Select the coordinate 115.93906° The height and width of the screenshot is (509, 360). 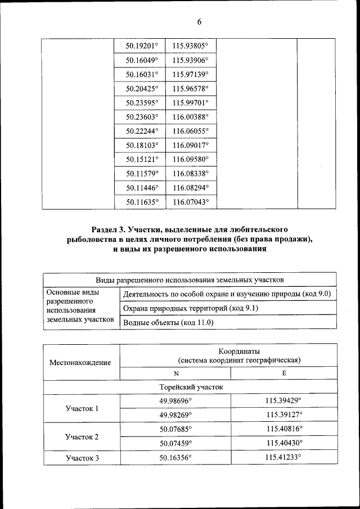point(191,60)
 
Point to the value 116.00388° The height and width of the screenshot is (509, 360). point(191,116)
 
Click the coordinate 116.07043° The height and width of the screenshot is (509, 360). point(191,202)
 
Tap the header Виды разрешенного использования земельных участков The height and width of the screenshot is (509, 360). point(190,279)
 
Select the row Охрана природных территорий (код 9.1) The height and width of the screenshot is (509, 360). point(191,308)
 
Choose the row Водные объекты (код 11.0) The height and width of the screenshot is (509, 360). point(168,323)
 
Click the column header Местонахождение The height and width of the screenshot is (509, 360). point(80,363)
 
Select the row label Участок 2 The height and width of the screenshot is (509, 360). point(82,437)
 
